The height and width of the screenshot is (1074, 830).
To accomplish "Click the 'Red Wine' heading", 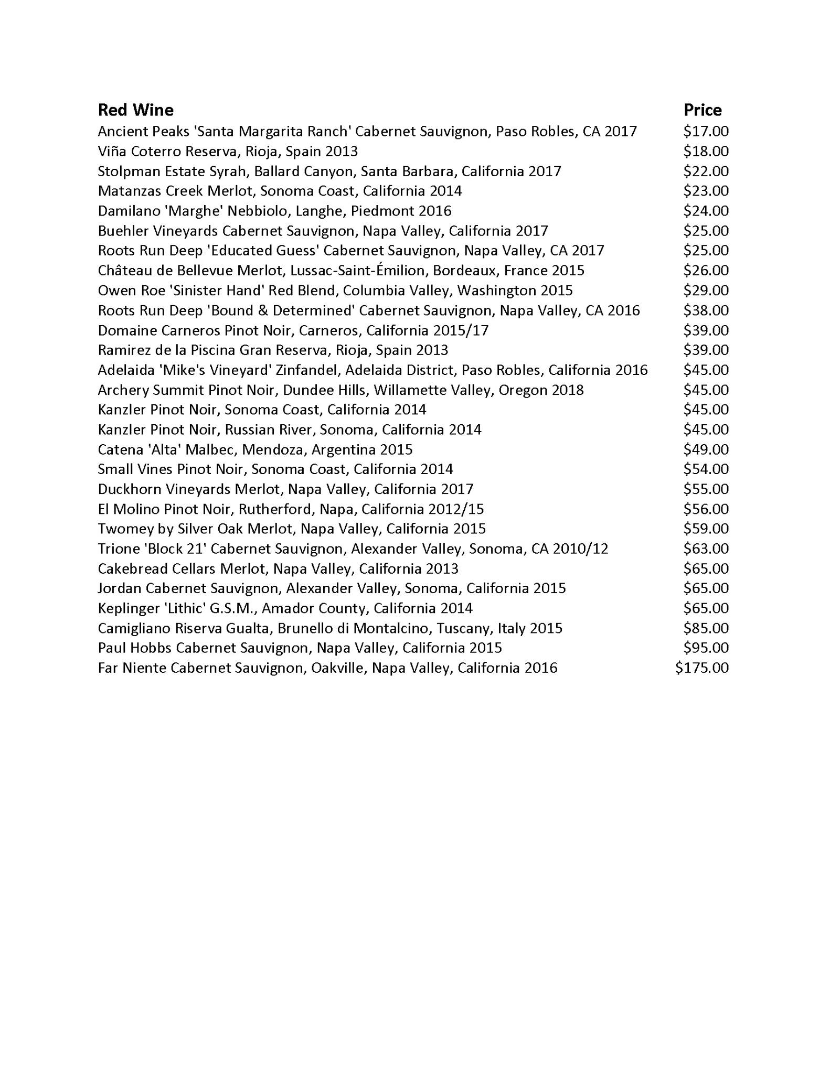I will (x=135, y=110).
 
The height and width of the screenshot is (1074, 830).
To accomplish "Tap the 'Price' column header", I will (x=703, y=110).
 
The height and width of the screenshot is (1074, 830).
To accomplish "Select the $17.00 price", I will (x=706, y=131).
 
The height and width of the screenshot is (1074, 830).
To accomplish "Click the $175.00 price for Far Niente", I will (x=702, y=668).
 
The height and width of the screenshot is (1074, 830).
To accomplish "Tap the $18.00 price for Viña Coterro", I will (x=706, y=152).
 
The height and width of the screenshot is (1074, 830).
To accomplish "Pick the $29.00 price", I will (x=706, y=291).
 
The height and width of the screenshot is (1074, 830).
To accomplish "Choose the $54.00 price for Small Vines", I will (x=706, y=469).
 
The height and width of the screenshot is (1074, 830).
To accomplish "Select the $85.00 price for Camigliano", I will (x=706, y=628).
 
